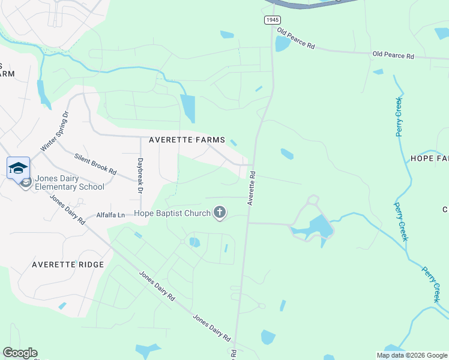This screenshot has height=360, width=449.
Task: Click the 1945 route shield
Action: (273, 20)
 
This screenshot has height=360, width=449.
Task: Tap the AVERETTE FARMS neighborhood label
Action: (187, 140)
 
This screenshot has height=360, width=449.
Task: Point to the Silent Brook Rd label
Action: (95, 163)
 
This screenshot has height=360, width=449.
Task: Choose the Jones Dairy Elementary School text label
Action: (70, 182)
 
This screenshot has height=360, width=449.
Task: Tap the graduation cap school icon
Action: (18, 167)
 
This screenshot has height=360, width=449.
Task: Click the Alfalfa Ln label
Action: (110, 215)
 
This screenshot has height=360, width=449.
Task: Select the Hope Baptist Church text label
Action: (172, 213)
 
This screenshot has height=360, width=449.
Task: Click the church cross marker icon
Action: (220, 212)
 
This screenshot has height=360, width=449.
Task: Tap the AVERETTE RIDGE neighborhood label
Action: (68, 265)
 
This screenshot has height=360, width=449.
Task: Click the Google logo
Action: (20, 353)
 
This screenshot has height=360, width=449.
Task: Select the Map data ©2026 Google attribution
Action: (412, 355)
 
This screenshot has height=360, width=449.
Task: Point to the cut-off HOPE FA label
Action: (429, 158)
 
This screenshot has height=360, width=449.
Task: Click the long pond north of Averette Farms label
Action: (188, 108)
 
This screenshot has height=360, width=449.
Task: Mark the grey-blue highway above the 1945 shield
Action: (312, 4)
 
